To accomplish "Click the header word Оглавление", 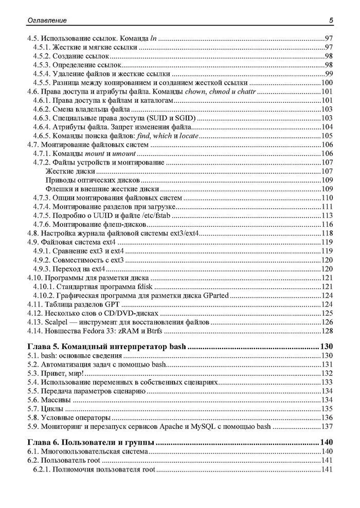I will click(x=44, y=21).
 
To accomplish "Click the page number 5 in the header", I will click(x=331, y=21).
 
